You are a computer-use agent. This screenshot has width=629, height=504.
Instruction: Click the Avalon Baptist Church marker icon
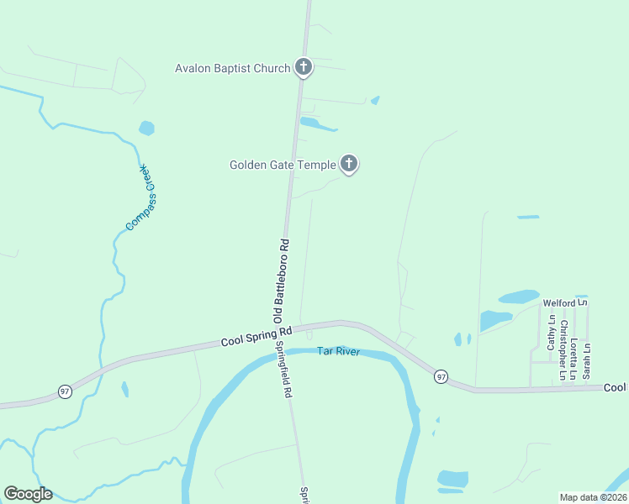[x=304, y=68]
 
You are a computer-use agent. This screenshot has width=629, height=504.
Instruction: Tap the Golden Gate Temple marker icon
[x=349, y=165]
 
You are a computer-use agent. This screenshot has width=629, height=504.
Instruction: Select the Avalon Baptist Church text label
[x=232, y=68]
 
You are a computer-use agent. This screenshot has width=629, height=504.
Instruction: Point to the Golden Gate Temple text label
[x=283, y=165]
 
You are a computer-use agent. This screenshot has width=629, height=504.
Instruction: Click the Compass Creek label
[x=141, y=197]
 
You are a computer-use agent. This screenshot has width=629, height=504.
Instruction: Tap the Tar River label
[x=338, y=351]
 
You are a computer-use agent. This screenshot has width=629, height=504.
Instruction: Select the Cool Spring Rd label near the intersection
[x=256, y=337]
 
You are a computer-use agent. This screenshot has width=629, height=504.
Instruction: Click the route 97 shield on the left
[x=65, y=391]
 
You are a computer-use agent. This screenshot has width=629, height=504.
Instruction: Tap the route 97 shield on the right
[x=441, y=377]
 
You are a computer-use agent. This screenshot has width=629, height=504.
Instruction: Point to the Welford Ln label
[x=564, y=303]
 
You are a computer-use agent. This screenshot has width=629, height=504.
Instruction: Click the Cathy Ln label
[x=552, y=333]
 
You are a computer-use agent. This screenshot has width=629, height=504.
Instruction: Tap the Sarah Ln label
[x=588, y=359]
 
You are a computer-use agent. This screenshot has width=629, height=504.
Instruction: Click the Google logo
[x=28, y=494]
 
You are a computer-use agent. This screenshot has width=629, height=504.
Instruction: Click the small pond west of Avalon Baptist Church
[x=147, y=129]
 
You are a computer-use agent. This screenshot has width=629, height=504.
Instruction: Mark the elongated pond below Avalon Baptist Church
[x=318, y=125]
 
